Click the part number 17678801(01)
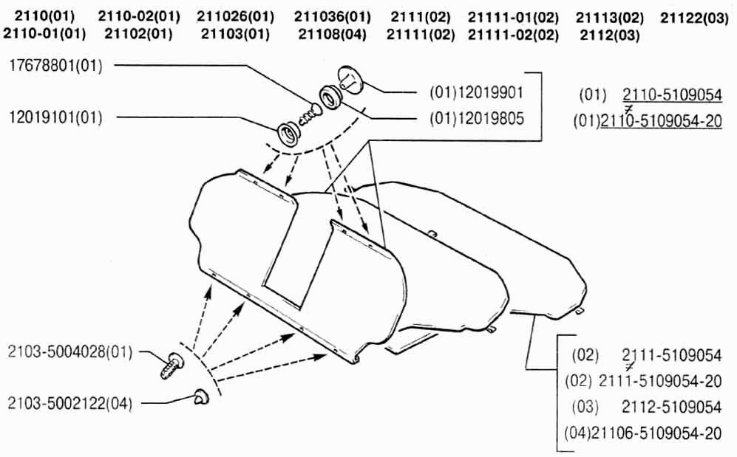pos(56,66)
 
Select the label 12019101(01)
pos(56,117)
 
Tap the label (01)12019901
pos(476,92)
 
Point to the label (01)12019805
pos(477,119)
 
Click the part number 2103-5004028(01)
pos(70,352)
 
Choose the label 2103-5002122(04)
pos(70,404)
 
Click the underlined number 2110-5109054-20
pos(662,122)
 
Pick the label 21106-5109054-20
pos(656,433)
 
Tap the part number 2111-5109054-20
pos(660,381)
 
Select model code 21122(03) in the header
pos(694,18)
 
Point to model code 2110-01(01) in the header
pos(44,34)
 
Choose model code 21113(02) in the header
pos(610,18)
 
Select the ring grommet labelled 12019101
pos(289,134)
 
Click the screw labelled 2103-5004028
pos(172,365)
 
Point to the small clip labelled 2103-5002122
pos(202,396)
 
